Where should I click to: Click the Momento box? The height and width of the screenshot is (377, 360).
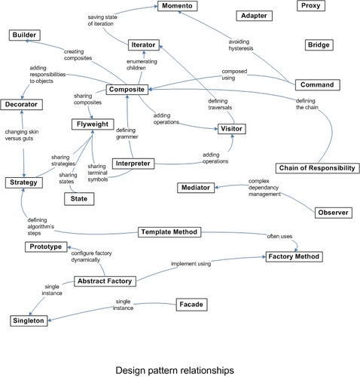(x=178, y=6)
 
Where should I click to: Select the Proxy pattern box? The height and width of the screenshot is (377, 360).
(x=311, y=6)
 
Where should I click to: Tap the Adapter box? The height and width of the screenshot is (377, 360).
(x=254, y=16)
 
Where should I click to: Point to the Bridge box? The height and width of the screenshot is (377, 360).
(x=319, y=45)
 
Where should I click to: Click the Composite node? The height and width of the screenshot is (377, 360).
(x=127, y=90)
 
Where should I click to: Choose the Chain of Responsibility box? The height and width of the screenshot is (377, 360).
(x=317, y=168)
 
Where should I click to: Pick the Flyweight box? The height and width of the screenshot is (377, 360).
(x=93, y=124)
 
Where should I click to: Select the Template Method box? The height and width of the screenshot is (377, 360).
(x=169, y=232)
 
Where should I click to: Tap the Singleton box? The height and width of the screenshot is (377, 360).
(x=29, y=321)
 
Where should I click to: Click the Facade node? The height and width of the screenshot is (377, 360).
(x=191, y=305)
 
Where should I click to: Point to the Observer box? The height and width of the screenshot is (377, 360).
(x=334, y=213)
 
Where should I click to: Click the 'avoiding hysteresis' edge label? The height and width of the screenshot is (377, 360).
(x=241, y=45)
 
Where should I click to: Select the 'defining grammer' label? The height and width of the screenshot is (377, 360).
(x=127, y=133)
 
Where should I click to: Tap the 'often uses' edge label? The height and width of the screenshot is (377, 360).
(x=279, y=236)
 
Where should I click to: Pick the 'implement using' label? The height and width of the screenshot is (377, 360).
(x=191, y=264)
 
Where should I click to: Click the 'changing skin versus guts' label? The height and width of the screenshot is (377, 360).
(x=22, y=135)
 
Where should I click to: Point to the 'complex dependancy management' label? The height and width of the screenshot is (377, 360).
(x=264, y=188)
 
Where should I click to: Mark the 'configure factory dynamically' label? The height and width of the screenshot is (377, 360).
(x=91, y=256)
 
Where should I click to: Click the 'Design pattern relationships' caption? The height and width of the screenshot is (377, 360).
(x=175, y=370)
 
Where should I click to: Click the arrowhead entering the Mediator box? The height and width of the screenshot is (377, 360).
(x=217, y=187)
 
